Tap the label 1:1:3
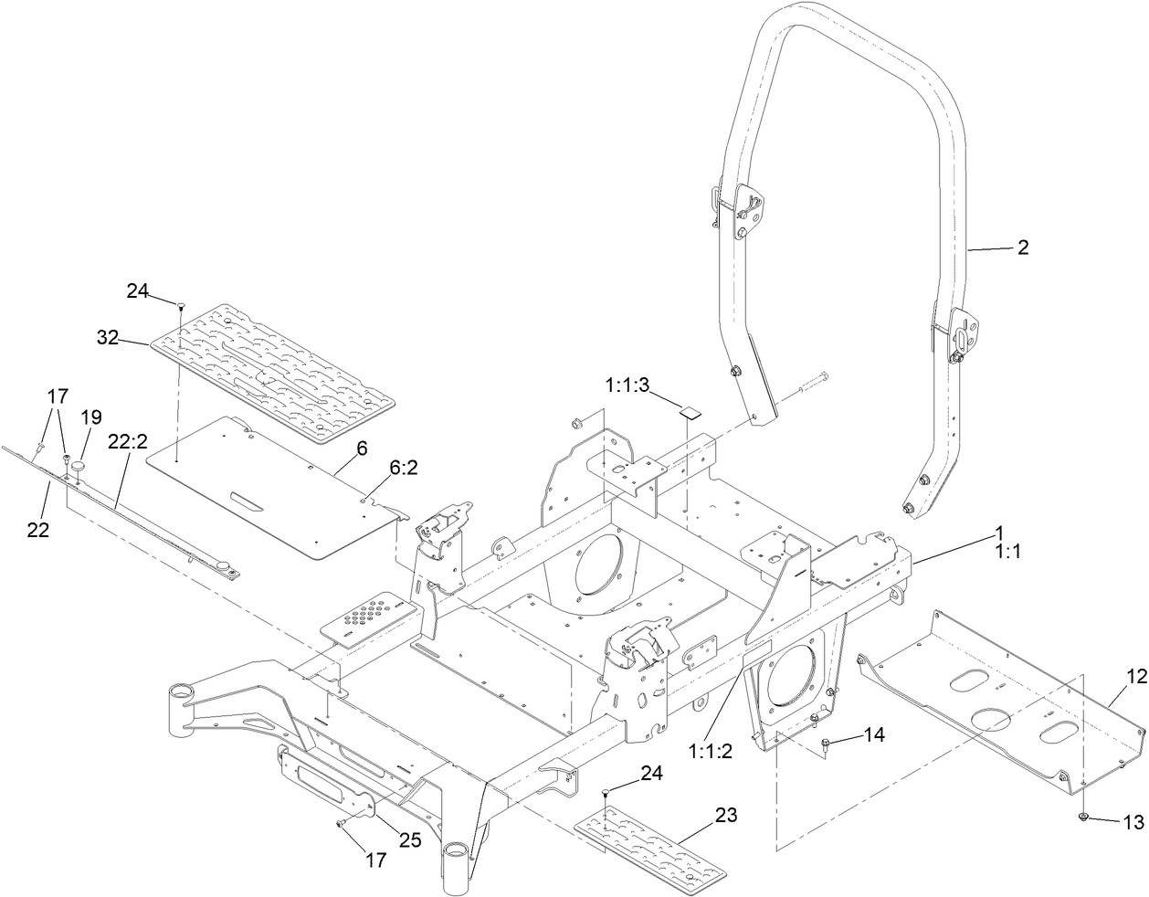click(x=627, y=385)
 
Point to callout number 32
click(x=108, y=337)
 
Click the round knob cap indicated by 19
click(x=79, y=466)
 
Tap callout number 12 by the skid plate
click(x=1135, y=677)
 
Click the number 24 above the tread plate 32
click(x=137, y=290)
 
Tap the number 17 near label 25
click(x=375, y=860)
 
